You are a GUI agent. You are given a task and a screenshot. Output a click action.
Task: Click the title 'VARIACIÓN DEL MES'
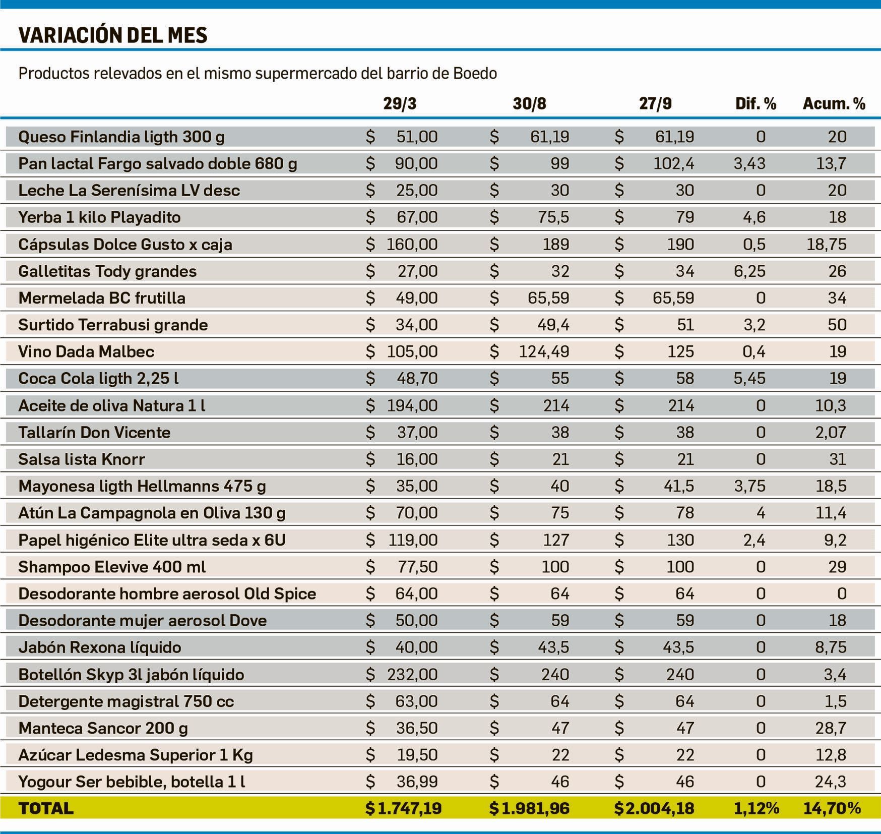pyautogui.click(x=113, y=35)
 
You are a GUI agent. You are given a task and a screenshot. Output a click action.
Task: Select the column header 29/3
pyautogui.click(x=400, y=104)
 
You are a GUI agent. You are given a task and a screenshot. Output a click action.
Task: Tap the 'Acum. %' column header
pyautogui.click(x=834, y=104)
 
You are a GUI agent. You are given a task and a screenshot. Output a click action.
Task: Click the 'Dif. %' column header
pyautogui.click(x=756, y=104)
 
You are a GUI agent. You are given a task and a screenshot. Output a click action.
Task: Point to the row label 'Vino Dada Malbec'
pyautogui.click(x=86, y=351)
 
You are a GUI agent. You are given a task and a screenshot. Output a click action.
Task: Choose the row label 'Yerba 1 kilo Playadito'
pyautogui.click(x=99, y=217)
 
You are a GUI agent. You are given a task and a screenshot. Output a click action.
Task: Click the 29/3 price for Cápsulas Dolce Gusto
pyautogui.click(x=412, y=245)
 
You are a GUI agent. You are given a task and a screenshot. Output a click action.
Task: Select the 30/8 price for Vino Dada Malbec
pyautogui.click(x=544, y=351)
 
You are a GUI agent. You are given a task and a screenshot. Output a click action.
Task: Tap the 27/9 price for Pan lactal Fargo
pyautogui.click(x=673, y=164)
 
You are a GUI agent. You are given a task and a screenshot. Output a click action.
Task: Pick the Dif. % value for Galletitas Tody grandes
pyautogui.click(x=749, y=271)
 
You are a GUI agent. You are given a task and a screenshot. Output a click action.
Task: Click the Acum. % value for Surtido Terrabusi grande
pyautogui.click(x=837, y=325)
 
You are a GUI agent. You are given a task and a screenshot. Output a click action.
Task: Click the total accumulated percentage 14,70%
pyautogui.click(x=832, y=808)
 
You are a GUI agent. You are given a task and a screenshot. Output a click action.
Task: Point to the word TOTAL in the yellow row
pyautogui.click(x=46, y=808)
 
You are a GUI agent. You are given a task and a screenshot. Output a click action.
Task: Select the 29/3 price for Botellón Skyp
pyautogui.click(x=412, y=675)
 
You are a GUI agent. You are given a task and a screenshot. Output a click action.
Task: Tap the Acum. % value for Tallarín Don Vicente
pyautogui.click(x=831, y=433)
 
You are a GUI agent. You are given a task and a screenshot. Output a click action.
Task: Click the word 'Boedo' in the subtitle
pyautogui.click(x=475, y=74)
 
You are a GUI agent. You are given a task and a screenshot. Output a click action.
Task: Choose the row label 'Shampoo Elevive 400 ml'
pyautogui.click(x=112, y=567)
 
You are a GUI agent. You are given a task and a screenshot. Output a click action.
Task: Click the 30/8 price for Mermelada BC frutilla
pyautogui.click(x=548, y=298)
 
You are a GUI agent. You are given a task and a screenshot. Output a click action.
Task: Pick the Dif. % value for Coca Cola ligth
pyautogui.click(x=749, y=379)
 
